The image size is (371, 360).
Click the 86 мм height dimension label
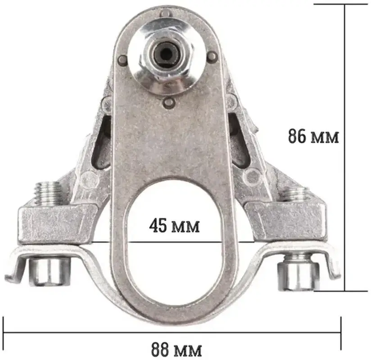click(313, 137)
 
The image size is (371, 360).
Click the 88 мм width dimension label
click(177, 349)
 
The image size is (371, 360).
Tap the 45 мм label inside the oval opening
click(174, 225)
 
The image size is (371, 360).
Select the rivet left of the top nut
click(122, 59)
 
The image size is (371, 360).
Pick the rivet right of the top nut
click(213, 56)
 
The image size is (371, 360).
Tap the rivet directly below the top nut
click(169, 103)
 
